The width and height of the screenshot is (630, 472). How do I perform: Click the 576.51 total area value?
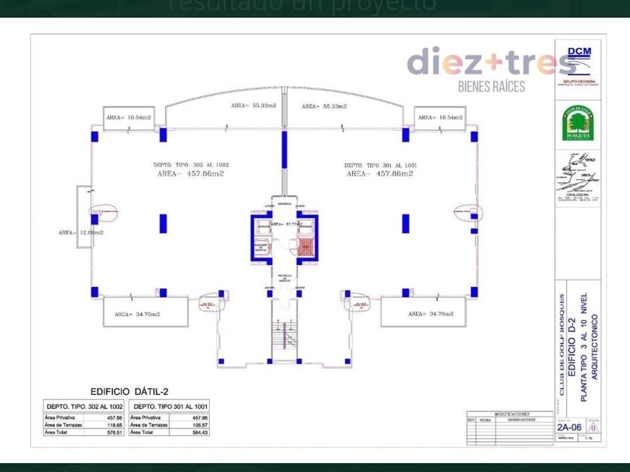point(114,432)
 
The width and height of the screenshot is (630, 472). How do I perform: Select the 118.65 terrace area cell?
point(114,425)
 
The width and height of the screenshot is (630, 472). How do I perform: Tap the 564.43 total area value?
point(199,432)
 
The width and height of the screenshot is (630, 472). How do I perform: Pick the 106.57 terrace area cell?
point(199,425)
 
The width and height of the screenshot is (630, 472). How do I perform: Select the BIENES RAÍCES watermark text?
point(492,85)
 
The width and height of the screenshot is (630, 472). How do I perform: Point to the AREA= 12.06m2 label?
point(80,232)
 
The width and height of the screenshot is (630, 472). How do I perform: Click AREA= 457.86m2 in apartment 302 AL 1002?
point(190,174)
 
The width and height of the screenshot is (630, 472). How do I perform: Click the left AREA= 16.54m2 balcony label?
point(128,118)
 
